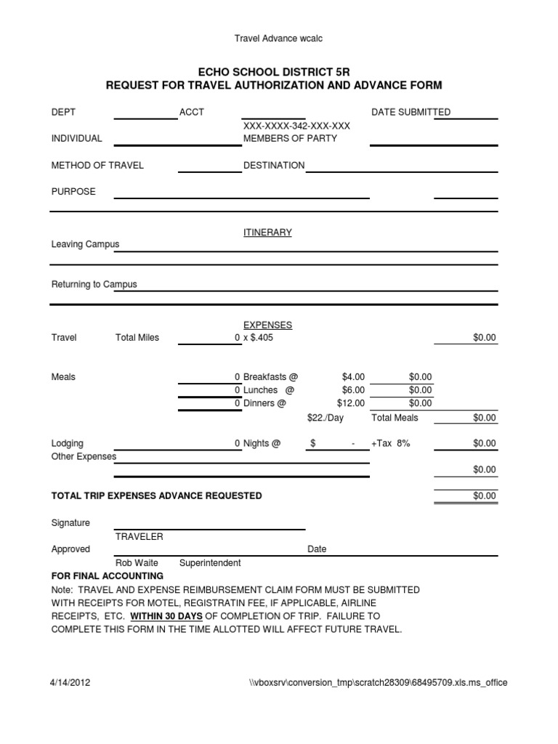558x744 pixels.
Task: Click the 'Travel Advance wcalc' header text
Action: click(x=274, y=39)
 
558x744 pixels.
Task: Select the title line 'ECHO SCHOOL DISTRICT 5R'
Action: click(x=274, y=73)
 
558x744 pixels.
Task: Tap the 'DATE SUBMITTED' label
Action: click(x=411, y=112)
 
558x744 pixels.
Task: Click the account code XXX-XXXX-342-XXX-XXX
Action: click(x=296, y=126)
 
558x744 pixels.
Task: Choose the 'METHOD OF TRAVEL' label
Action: click(x=97, y=165)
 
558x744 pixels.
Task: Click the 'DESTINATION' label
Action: click(x=274, y=165)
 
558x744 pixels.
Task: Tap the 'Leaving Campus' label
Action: click(x=85, y=244)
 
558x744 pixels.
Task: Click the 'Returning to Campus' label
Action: click(x=94, y=284)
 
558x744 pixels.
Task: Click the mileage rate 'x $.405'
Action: click(x=258, y=338)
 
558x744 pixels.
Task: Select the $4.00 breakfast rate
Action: click(x=353, y=377)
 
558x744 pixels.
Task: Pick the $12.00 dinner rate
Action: click(x=351, y=403)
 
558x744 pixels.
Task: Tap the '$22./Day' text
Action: click(x=325, y=418)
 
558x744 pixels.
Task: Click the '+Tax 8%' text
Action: click(x=391, y=443)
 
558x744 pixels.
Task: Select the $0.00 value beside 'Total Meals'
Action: click(x=484, y=418)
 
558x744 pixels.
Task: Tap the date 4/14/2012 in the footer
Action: click(x=70, y=683)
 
